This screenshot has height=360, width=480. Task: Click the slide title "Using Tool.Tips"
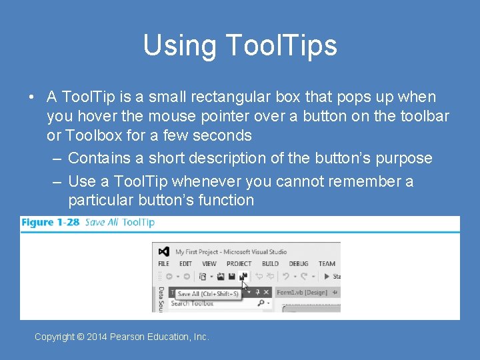click(240, 45)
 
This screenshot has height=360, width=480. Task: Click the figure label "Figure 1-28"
click(50, 222)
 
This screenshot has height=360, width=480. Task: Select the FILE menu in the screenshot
click(163, 264)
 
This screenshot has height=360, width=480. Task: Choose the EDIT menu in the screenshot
click(185, 264)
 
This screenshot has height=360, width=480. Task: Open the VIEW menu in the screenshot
click(209, 264)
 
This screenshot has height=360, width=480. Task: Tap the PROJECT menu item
click(239, 264)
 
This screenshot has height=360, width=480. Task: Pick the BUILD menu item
click(270, 264)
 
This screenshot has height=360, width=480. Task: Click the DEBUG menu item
click(298, 264)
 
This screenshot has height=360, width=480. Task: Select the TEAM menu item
click(327, 264)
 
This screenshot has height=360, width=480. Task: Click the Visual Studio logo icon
click(164, 252)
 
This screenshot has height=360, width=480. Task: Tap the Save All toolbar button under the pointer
click(243, 277)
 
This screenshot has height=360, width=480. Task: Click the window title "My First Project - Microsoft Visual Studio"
click(231, 252)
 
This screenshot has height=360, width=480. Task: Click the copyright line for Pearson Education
click(122, 337)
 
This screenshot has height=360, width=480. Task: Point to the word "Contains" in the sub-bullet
click(95, 158)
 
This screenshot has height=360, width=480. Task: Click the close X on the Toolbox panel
click(266, 292)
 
